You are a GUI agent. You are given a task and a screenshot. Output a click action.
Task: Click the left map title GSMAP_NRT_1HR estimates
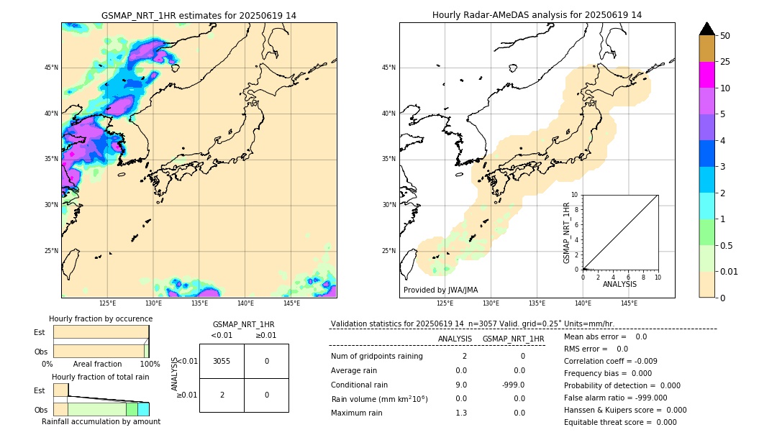(x=199, y=15)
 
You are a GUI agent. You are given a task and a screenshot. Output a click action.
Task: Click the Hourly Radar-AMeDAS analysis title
(x=537, y=15)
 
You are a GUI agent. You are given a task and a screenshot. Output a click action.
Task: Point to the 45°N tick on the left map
(x=51, y=68)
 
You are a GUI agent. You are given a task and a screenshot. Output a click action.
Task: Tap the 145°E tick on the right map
(x=629, y=303)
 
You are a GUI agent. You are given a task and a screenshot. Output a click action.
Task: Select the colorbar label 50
(x=725, y=35)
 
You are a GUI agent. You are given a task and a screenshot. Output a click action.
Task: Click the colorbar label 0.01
(x=730, y=271)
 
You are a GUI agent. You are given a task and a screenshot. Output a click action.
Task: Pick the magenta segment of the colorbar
(x=706, y=75)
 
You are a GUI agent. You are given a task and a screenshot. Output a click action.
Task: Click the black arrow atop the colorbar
(x=706, y=29)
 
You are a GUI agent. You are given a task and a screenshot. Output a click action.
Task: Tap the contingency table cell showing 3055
(x=222, y=361)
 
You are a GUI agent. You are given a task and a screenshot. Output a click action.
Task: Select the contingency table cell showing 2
(x=222, y=395)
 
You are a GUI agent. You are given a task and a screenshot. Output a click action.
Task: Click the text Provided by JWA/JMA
(x=440, y=290)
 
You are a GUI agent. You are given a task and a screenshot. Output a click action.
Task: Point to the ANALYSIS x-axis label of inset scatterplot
(x=619, y=284)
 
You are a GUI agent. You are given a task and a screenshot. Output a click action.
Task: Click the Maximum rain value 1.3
(x=460, y=413)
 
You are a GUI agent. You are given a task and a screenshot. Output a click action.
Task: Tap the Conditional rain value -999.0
(x=513, y=385)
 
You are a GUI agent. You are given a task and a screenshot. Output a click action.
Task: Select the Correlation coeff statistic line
(x=610, y=361)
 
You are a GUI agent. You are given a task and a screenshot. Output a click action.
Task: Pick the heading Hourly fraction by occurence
(x=101, y=318)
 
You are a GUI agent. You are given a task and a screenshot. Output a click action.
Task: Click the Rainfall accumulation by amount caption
(x=101, y=421)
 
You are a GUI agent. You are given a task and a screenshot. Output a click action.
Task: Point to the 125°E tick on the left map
(x=107, y=303)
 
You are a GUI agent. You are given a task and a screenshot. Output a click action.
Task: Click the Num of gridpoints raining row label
(x=376, y=357)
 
